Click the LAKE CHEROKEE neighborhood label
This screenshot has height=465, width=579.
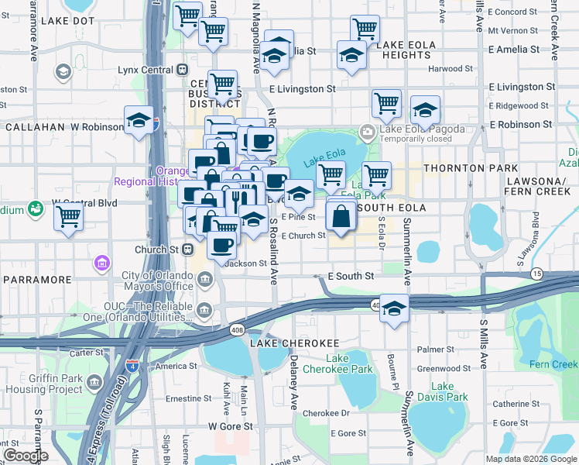click(x=283, y=343)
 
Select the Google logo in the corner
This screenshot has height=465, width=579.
click(x=26, y=455)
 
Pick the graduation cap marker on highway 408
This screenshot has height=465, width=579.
click(x=394, y=308)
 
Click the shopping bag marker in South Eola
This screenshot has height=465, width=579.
click(x=341, y=217)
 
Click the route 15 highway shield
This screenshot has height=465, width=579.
click(x=536, y=274)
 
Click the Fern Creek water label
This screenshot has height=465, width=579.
click(x=553, y=364)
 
